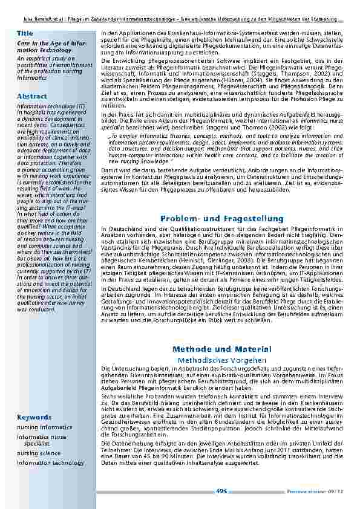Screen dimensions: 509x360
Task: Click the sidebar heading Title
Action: pyautogui.click(x=25, y=32)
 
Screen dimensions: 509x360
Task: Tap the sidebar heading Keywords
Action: pyautogui.click(x=34, y=417)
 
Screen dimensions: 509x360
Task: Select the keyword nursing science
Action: pyautogui.click(x=39, y=453)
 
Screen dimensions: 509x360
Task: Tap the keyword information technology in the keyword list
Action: pyautogui.click(x=51, y=463)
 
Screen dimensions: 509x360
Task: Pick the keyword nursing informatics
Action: pyautogui.click(x=44, y=427)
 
